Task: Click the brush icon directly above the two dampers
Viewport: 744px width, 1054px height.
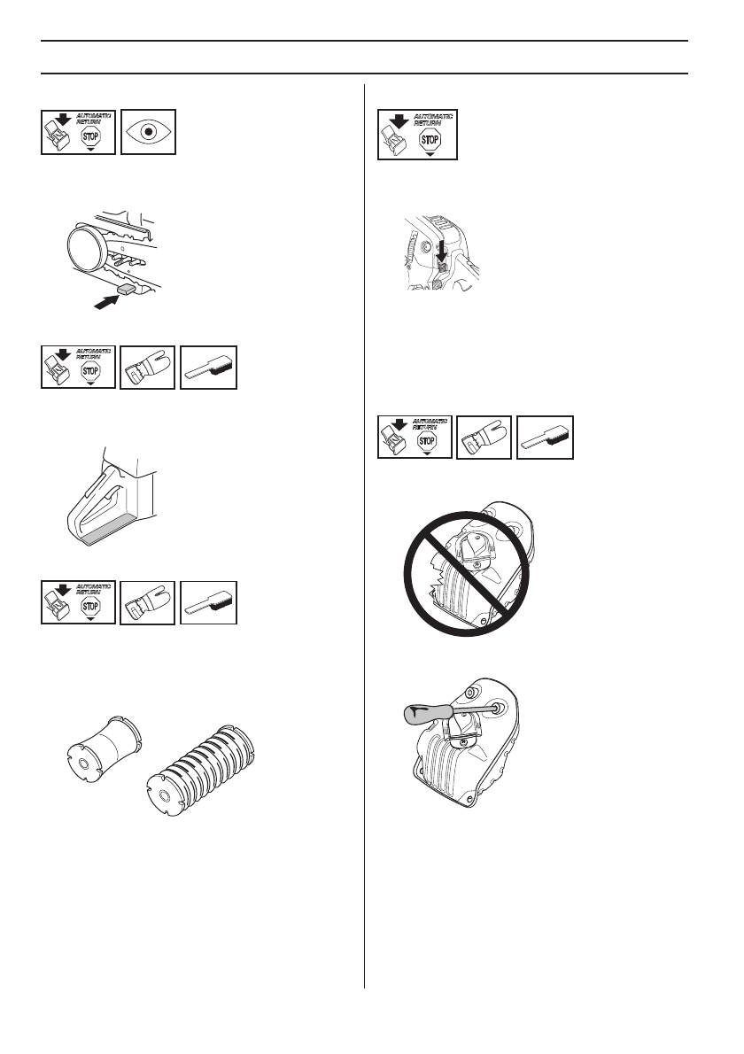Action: coord(208,603)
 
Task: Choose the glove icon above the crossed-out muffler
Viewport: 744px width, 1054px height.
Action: coord(484,437)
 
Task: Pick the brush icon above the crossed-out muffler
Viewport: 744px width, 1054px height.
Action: coord(545,437)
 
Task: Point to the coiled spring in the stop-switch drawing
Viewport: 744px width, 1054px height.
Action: coord(409,257)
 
